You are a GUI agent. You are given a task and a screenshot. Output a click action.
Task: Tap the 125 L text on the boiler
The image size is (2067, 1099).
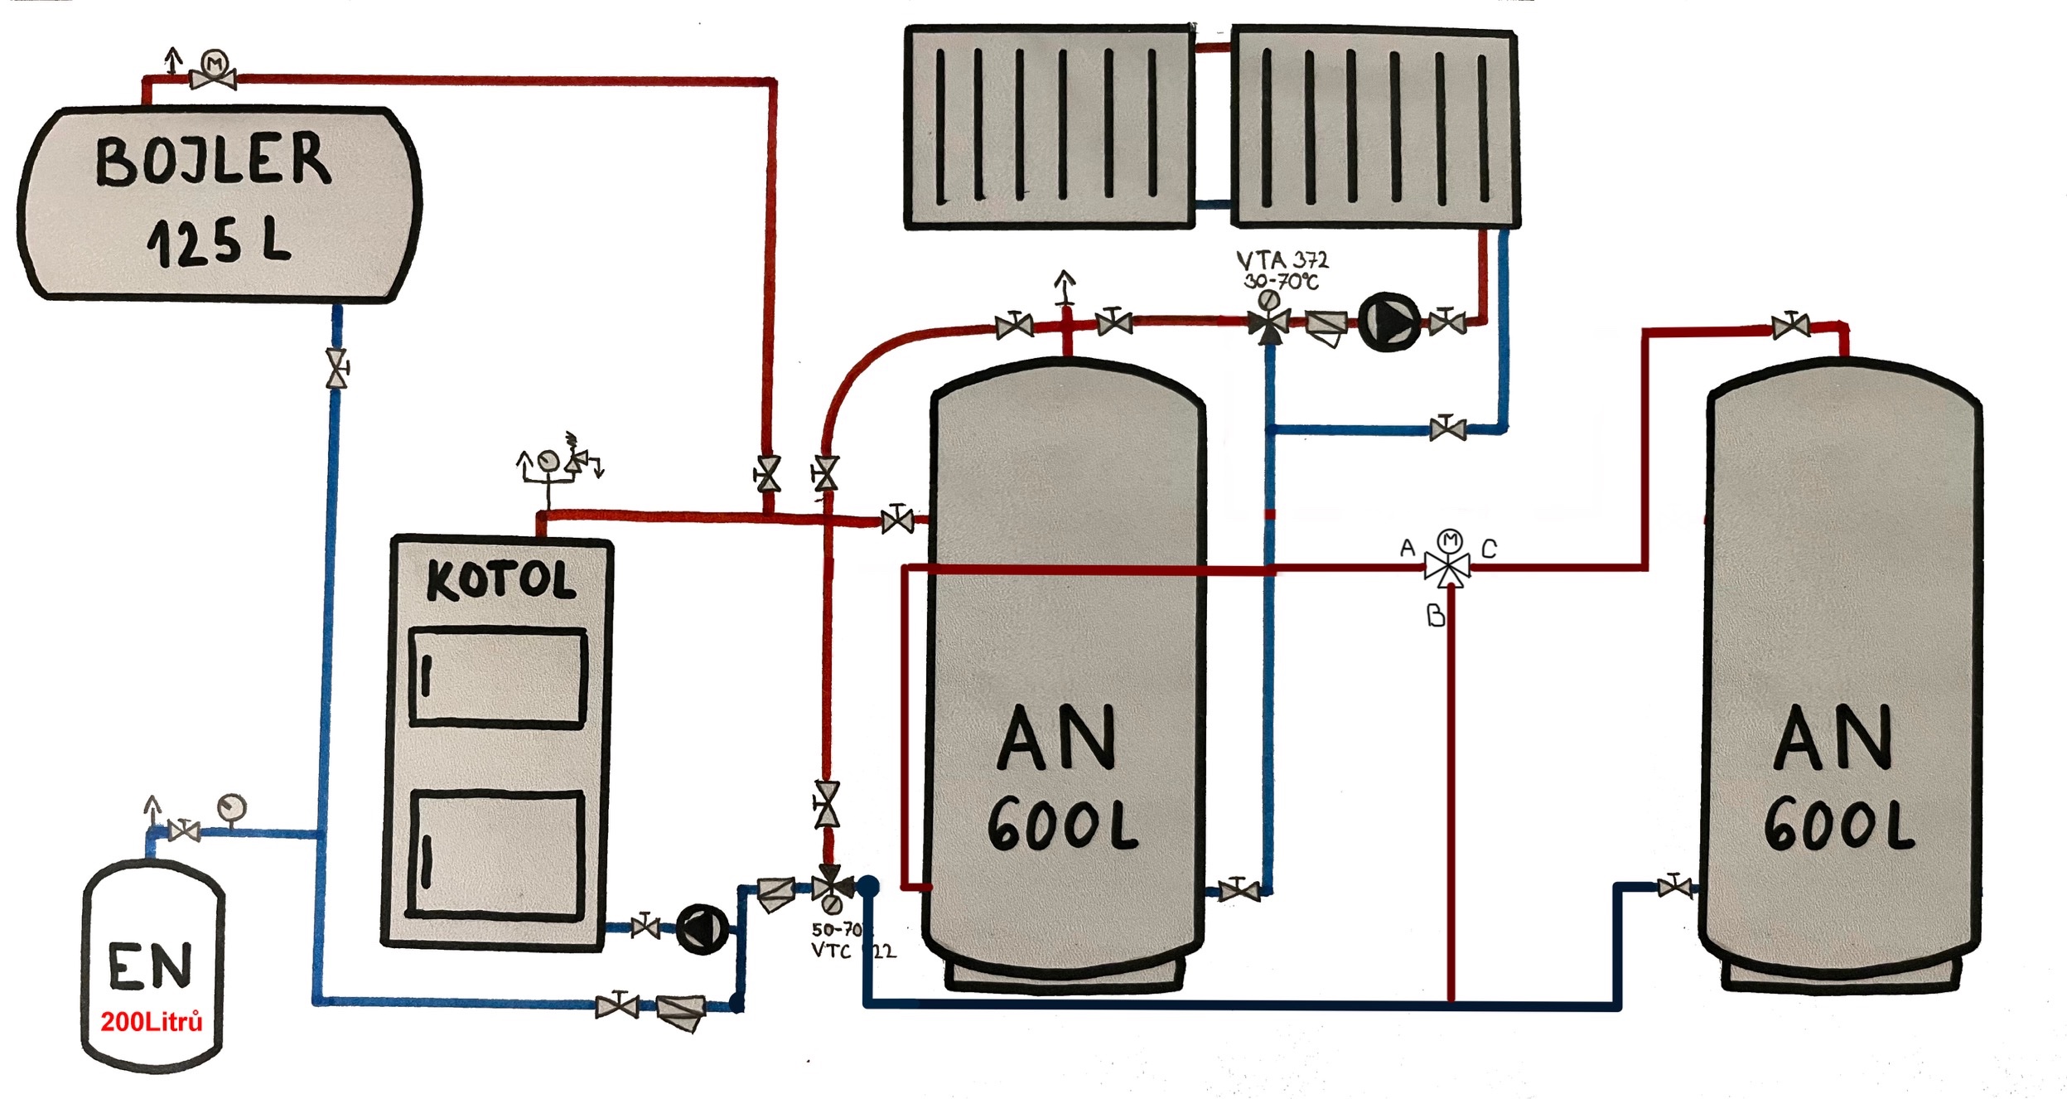click(x=219, y=242)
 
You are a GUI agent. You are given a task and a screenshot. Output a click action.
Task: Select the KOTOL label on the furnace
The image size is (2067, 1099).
click(x=500, y=580)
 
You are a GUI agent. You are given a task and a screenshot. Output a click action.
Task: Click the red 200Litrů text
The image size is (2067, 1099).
click(x=152, y=1021)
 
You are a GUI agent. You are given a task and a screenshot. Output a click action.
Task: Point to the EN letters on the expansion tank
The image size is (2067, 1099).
click(x=150, y=966)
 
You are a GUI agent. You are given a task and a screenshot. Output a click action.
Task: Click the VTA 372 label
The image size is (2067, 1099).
click(x=1282, y=260)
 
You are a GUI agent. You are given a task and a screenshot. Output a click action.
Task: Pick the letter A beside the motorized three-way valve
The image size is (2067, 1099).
click(x=1408, y=548)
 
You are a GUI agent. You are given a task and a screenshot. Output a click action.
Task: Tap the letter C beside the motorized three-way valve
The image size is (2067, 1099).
click(x=1489, y=549)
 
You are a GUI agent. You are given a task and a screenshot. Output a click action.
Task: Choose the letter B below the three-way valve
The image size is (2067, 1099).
click(x=1436, y=615)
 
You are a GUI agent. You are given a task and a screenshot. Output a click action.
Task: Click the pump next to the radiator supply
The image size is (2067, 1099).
click(x=1388, y=322)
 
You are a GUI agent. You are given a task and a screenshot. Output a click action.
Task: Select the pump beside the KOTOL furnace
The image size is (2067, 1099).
click(x=702, y=928)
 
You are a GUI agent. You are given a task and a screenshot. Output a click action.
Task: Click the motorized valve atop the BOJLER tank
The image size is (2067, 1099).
click(x=214, y=75)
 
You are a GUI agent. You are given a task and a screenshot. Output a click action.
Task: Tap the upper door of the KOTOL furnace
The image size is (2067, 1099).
click(x=499, y=677)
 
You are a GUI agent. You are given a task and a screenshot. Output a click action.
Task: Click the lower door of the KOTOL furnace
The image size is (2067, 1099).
click(x=497, y=855)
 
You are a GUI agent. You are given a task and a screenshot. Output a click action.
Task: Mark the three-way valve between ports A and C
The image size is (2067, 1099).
click(x=1448, y=568)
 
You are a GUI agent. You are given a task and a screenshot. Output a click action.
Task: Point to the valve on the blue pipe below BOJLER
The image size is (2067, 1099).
click(x=336, y=369)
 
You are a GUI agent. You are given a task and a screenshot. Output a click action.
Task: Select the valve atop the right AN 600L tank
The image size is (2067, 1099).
click(x=1790, y=326)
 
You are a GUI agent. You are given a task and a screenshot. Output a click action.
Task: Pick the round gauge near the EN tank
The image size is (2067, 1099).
click(x=231, y=806)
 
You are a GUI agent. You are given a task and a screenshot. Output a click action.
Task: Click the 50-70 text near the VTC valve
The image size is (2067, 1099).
click(x=838, y=930)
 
